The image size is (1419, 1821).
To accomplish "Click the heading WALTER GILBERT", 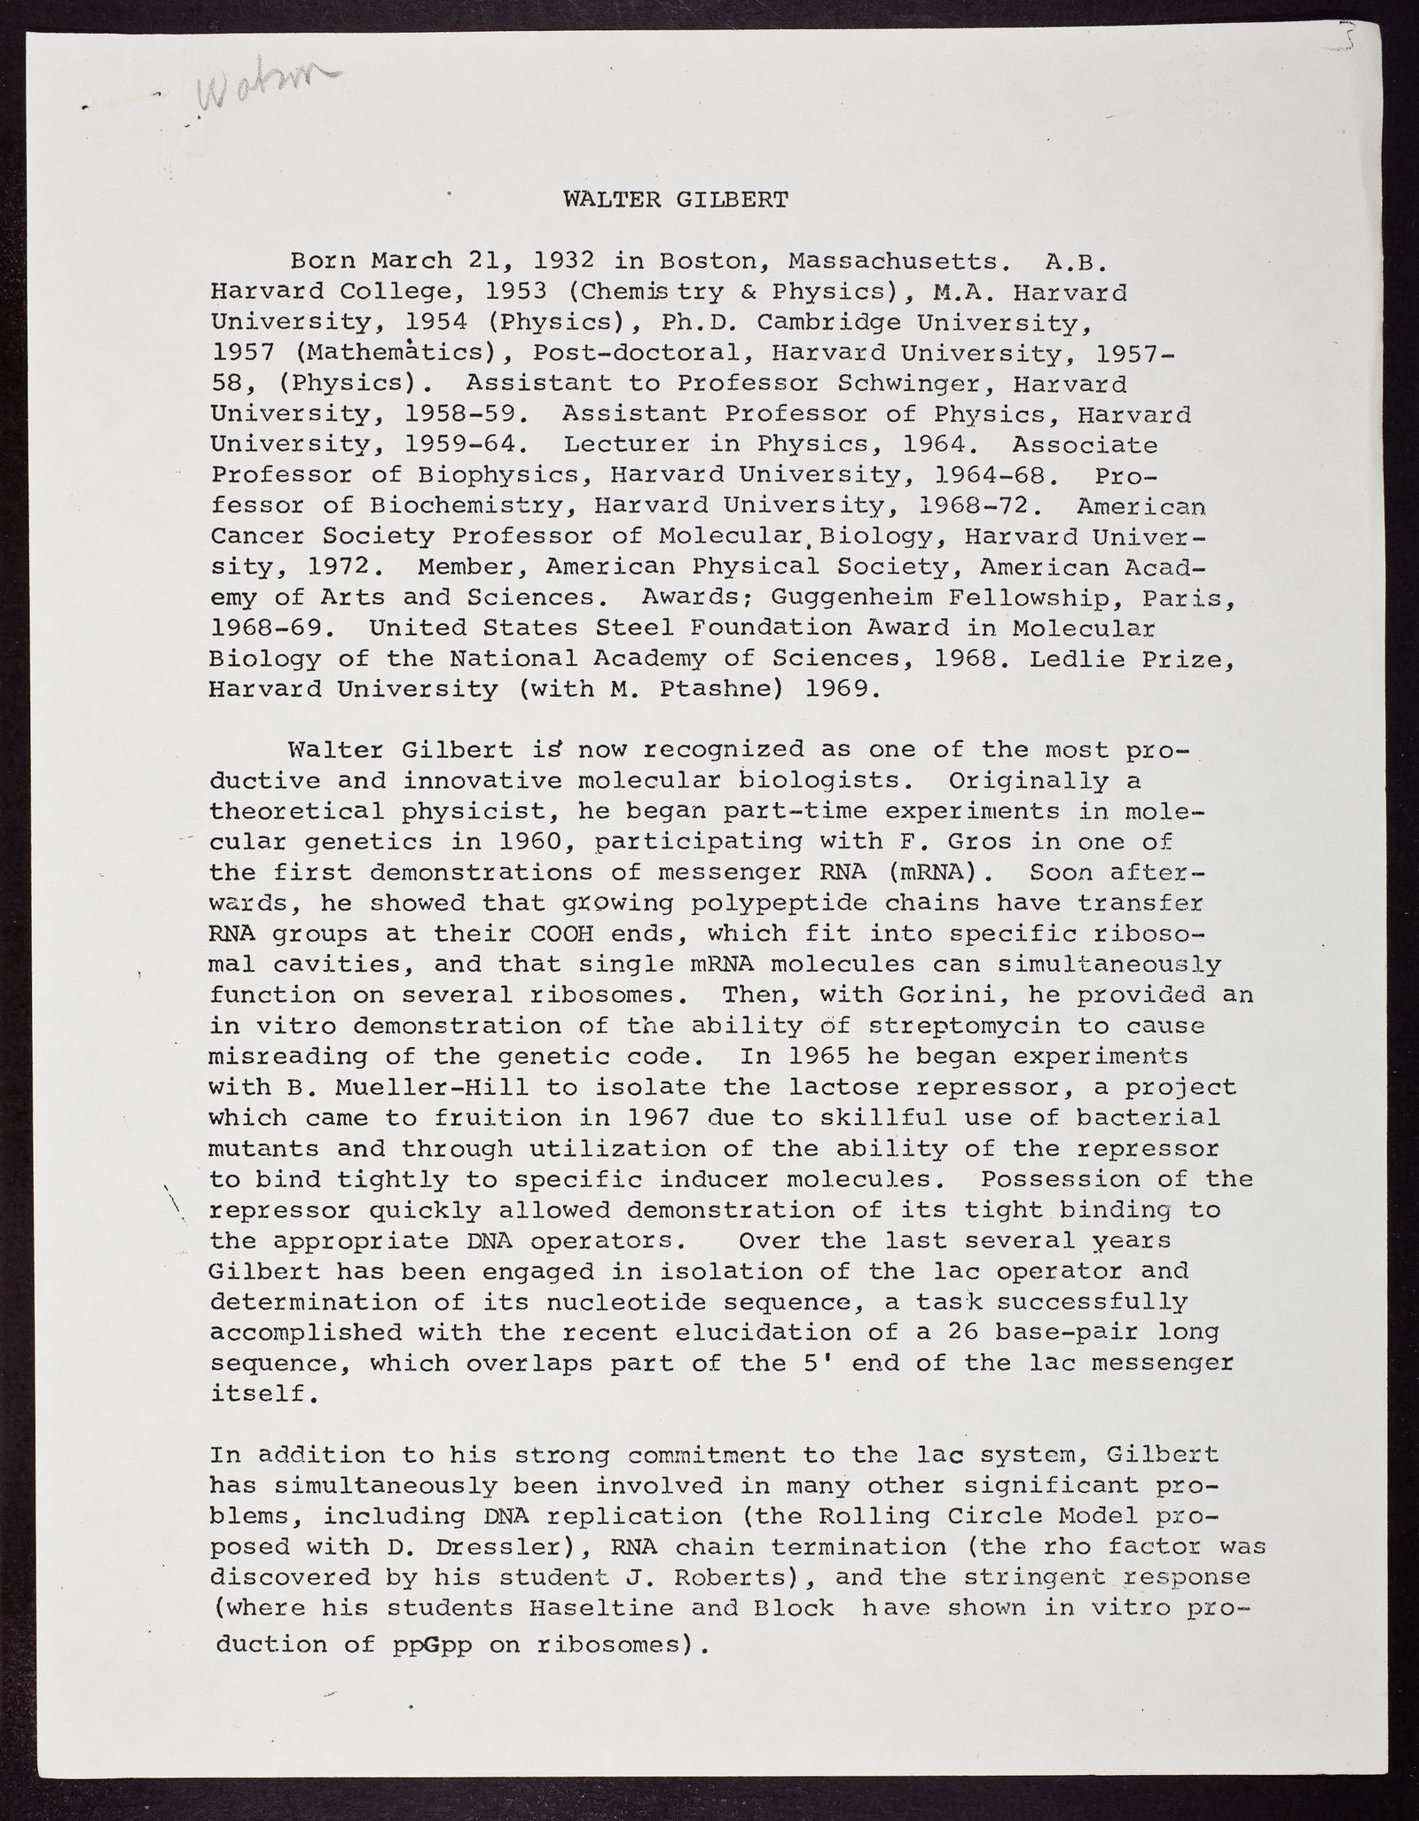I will point(675,199).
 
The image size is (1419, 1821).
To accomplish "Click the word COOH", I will point(561,933).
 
